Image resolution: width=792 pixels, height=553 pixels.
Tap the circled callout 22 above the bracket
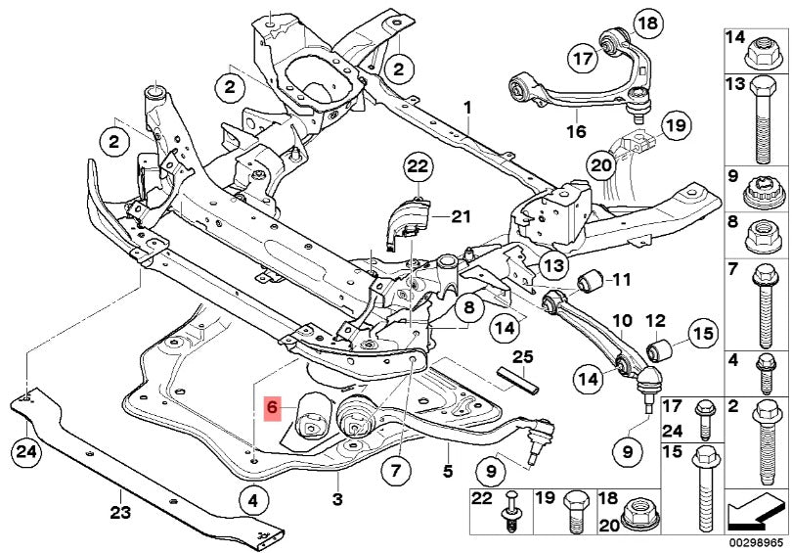coord(418,167)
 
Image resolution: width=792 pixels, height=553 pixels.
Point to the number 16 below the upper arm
coord(575,131)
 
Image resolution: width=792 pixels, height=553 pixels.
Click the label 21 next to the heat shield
coord(461,216)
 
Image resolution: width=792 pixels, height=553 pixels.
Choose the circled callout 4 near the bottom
coord(252,502)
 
